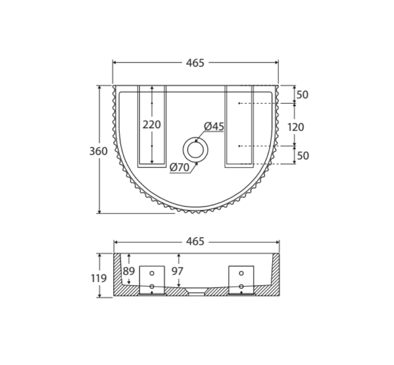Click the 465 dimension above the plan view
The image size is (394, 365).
pyautogui.click(x=195, y=63)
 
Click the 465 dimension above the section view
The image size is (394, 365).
pyautogui.click(x=195, y=241)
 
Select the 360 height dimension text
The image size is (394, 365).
pyautogui.click(x=98, y=151)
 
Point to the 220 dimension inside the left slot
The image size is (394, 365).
pyautogui.click(x=152, y=125)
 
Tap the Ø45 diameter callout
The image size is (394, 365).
pyautogui.click(x=214, y=126)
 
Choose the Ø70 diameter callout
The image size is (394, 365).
pyautogui.click(x=180, y=167)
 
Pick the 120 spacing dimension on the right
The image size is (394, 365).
pyautogui.click(x=295, y=127)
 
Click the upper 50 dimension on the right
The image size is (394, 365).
pyautogui.click(x=302, y=95)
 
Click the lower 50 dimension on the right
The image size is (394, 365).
pyautogui.click(x=302, y=155)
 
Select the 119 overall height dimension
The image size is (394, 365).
pyautogui.click(x=98, y=279)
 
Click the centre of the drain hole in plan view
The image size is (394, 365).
pyautogui.click(x=195, y=149)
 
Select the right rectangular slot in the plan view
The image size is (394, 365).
pyautogui.click(x=239, y=126)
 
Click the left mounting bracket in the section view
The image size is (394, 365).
pyautogui.click(x=152, y=280)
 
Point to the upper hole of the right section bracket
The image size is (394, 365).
pyautogui.click(x=241, y=273)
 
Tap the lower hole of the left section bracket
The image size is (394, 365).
pyautogui.click(x=152, y=287)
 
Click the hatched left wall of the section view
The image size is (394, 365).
pyautogui.click(x=118, y=277)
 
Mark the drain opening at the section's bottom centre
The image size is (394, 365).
pyautogui.click(x=196, y=293)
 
